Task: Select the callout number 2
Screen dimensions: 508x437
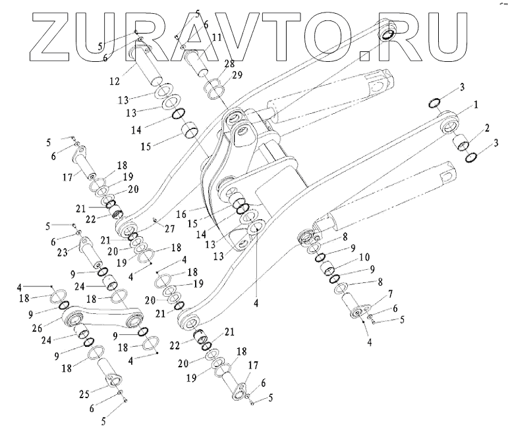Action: (x=486, y=127)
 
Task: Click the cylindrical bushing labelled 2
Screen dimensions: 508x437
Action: (x=462, y=141)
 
